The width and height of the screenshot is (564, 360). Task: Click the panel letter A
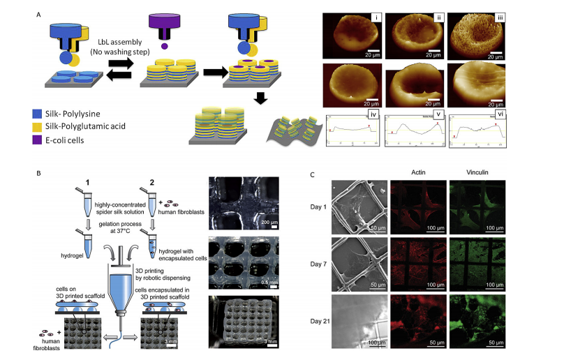pyautogui.click(x=20, y=8)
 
